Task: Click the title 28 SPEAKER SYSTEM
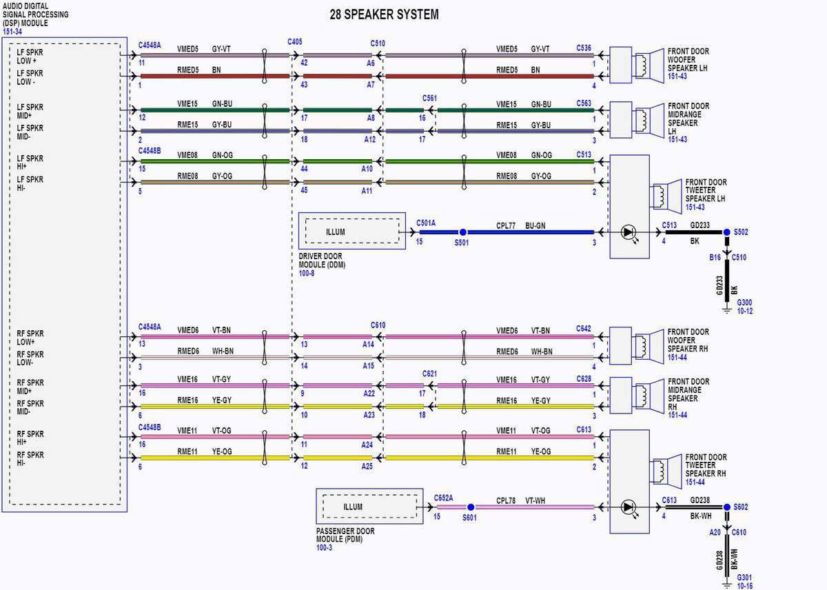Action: [384, 14]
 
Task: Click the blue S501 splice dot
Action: [462, 232]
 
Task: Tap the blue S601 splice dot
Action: [471, 507]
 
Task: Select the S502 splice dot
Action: [726, 232]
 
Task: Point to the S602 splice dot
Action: [726, 507]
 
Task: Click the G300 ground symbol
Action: [726, 309]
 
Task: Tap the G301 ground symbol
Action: [726, 584]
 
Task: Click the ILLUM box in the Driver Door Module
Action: [352, 232]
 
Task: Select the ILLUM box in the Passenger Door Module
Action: [369, 507]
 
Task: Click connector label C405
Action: [295, 42]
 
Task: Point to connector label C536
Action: [584, 48]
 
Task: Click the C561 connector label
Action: [429, 98]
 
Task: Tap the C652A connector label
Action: [443, 498]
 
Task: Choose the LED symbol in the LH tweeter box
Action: [629, 233]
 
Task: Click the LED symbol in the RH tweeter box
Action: [629, 508]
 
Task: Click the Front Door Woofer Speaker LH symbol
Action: [648, 65]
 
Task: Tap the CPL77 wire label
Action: [505, 225]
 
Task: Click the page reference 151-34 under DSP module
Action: [12, 32]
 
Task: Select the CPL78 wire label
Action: [505, 500]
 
